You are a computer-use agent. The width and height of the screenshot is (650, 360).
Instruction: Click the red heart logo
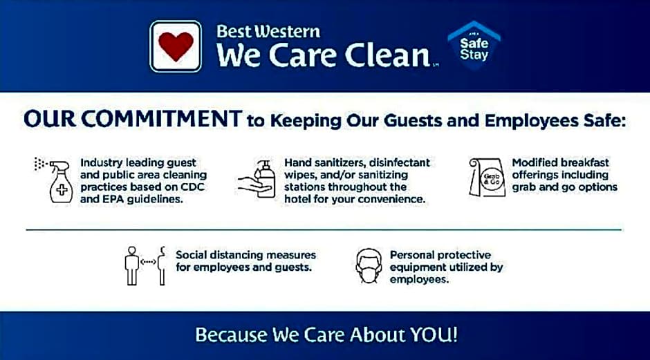[176, 46]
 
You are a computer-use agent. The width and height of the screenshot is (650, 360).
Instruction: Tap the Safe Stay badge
[474, 46]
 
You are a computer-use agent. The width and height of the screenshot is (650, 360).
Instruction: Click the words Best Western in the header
[268, 31]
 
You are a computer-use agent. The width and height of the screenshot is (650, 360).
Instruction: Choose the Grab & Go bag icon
[488, 178]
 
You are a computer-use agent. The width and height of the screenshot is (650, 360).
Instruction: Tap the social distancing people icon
[146, 265]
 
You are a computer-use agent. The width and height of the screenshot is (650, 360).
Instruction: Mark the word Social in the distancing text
[192, 255]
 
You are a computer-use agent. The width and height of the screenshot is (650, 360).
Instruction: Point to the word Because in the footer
[231, 335]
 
